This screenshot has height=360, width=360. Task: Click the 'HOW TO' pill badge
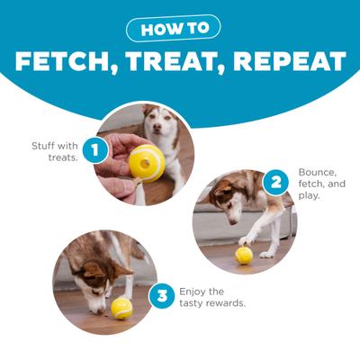pos(179,28)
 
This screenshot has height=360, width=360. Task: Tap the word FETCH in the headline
pos(67,61)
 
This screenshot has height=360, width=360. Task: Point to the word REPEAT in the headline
pos(292,61)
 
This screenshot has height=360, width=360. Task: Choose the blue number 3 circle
pos(161,296)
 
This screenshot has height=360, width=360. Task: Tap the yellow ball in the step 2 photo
pos(244,255)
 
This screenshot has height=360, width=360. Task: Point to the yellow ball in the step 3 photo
pos(121,309)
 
